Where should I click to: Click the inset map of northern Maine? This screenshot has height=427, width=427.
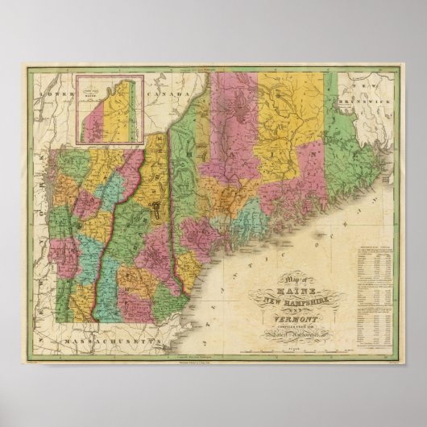pyautogui.click(x=104, y=110)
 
